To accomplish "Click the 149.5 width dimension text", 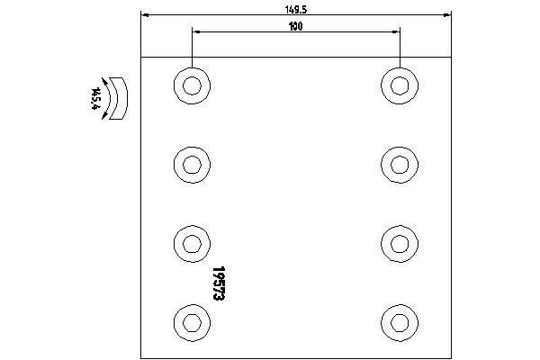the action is pyautogui.click(x=296, y=10).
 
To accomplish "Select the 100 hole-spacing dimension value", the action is pyautogui.click(x=296, y=26).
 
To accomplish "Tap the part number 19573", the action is pyautogui.click(x=219, y=283).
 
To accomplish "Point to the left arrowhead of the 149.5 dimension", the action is pyautogui.click(x=145, y=15).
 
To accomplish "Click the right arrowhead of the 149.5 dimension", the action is pyautogui.click(x=447, y=15).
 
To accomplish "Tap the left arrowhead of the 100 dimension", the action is pyautogui.click(x=196, y=32).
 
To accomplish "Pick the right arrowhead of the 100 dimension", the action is pyautogui.click(x=396, y=32).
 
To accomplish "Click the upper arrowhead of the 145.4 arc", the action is pyautogui.click(x=104, y=81).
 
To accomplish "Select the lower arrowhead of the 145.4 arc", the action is pyautogui.click(x=104, y=116).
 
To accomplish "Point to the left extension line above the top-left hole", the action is pyautogui.click(x=192, y=48).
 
